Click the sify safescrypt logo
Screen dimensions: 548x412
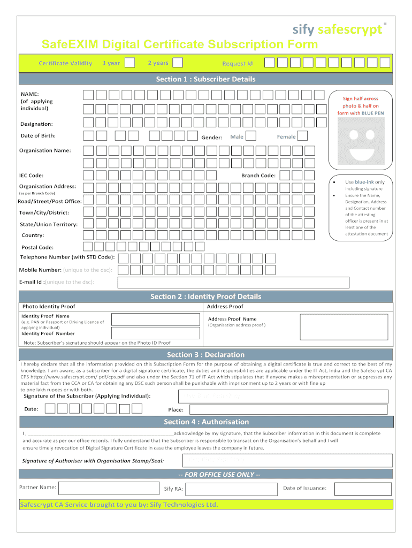(337, 29)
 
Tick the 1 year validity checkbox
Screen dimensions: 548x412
(129, 63)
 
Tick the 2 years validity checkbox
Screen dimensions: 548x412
(178, 63)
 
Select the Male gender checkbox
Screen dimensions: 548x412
(250, 136)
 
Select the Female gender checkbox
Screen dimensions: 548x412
(302, 136)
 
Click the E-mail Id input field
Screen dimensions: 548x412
(233, 282)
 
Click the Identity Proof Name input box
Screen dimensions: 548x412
(155, 319)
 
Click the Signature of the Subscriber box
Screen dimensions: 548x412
(283, 396)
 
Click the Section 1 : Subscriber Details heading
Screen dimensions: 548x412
(205, 79)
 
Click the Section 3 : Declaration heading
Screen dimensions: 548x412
(205, 355)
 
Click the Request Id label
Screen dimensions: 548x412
(237, 64)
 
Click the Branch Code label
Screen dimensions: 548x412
(258, 176)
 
